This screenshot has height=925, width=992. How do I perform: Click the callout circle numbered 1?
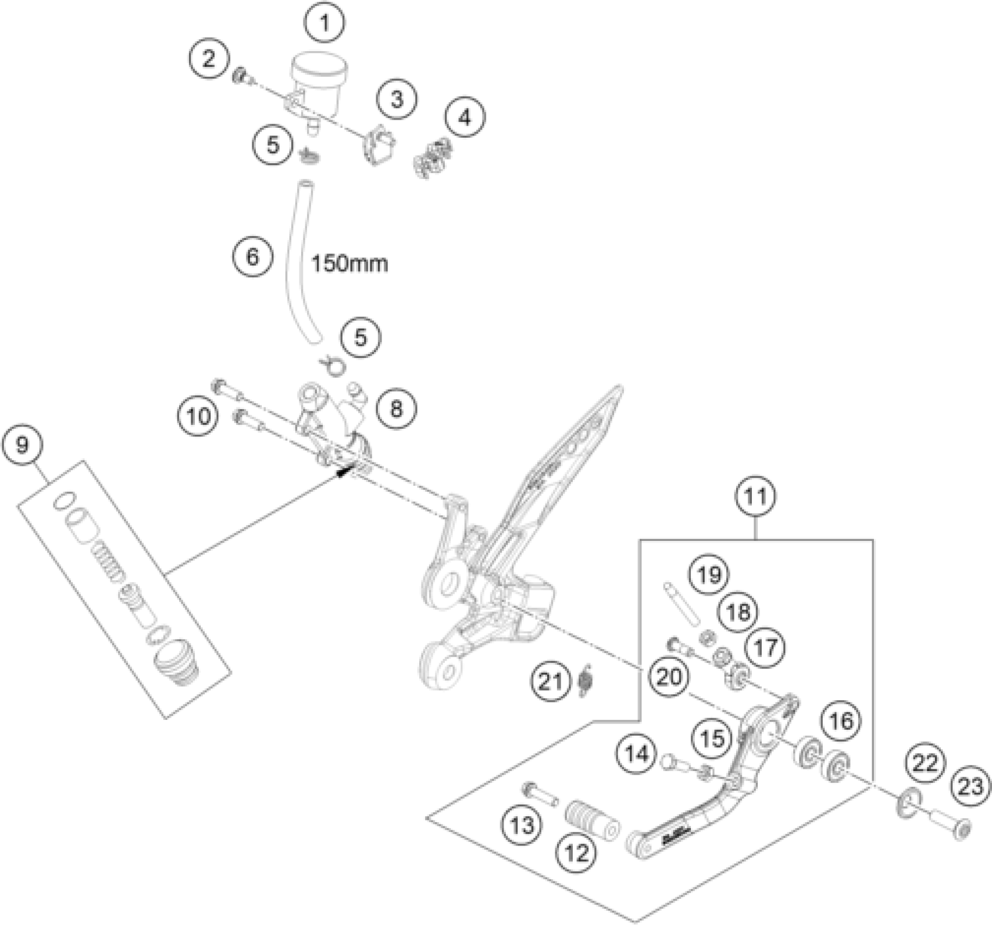325,23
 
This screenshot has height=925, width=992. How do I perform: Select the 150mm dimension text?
350,264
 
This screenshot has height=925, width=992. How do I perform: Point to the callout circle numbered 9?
22,445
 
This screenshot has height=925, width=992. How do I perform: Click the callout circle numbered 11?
756,496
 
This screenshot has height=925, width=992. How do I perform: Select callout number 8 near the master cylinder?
396,408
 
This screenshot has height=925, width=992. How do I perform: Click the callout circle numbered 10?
198,417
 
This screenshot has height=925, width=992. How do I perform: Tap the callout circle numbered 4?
464,117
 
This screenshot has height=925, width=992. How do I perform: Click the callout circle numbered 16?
841,721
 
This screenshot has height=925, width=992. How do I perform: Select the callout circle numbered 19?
709,575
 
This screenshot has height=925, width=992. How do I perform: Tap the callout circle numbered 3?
397,100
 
